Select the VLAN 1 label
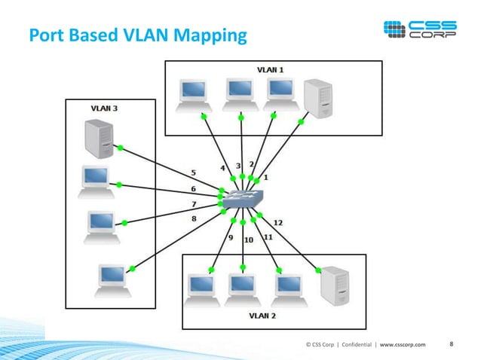point(271,69)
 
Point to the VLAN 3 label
point(103,108)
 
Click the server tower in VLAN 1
point(317,98)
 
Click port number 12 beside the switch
point(277,222)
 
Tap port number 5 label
point(194,172)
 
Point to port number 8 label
point(194,218)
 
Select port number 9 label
point(230,237)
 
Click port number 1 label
point(265,178)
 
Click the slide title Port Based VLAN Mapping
point(137,35)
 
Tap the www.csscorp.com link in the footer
point(402,345)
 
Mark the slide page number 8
point(451,344)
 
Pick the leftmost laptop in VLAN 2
point(202,288)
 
